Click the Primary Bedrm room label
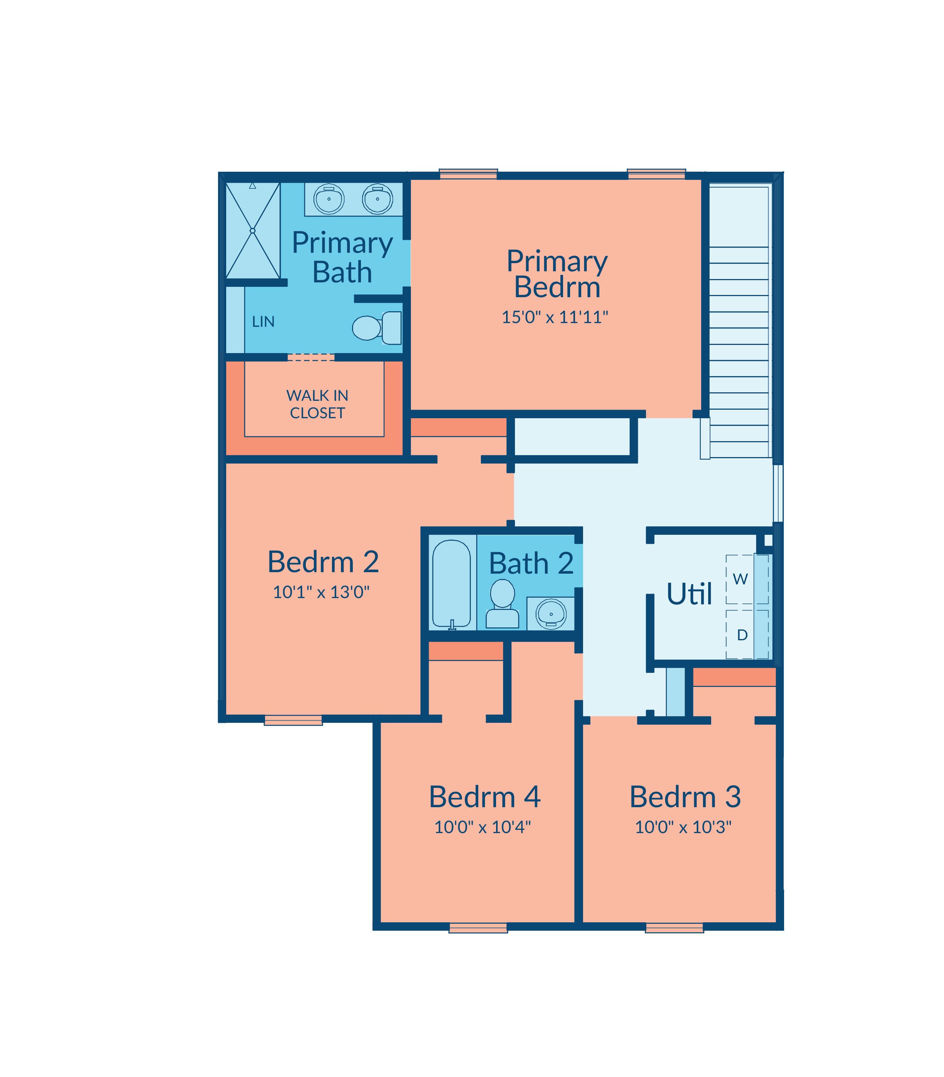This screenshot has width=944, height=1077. pyautogui.click(x=557, y=274)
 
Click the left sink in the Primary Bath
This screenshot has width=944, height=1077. pyautogui.click(x=329, y=199)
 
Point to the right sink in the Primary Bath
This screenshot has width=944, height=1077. pyautogui.click(x=377, y=199)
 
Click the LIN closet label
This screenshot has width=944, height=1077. pyautogui.click(x=263, y=321)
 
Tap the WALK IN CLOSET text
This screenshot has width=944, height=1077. pyautogui.click(x=317, y=404)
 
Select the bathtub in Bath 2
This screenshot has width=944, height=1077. pyautogui.click(x=452, y=584)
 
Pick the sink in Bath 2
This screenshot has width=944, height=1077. pyautogui.click(x=551, y=613)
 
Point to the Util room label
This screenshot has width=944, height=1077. pyautogui.click(x=690, y=594)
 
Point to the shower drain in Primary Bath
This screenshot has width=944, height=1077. pyautogui.click(x=252, y=231)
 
